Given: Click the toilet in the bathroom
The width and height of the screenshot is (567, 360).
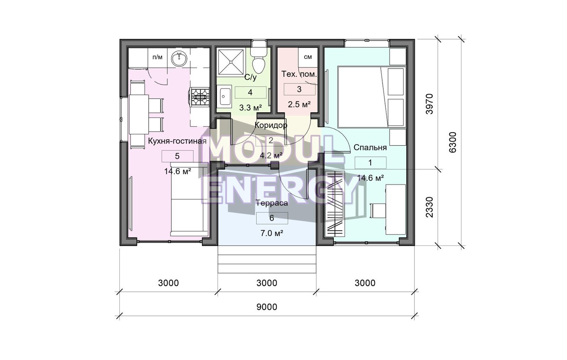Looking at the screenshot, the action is point(259,61).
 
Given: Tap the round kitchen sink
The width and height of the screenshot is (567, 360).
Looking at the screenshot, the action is point(180,59).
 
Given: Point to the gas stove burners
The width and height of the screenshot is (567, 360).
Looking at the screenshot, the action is point(200,97).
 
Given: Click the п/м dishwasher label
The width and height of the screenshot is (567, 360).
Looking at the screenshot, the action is point(157,57).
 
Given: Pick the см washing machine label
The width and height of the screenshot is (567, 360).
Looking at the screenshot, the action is point(308,57).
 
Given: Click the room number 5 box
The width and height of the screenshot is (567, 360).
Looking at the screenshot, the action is point(177,156).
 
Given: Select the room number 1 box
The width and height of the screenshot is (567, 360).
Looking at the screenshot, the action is point(370,163).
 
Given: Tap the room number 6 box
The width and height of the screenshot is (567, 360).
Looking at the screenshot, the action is point(272,218).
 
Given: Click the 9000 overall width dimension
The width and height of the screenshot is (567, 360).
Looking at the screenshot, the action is point(267,307).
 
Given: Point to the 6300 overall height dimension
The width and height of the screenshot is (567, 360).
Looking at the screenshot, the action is point(452,142).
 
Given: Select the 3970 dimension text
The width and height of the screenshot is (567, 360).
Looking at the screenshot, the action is point(429,104).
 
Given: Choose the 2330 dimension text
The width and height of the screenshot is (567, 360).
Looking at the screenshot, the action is point(429,207).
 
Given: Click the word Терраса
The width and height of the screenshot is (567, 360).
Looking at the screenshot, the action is point(272,203).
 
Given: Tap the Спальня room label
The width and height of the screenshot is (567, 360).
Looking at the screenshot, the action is point(370,147).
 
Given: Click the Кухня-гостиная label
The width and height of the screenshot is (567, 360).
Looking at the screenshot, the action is point(177,141).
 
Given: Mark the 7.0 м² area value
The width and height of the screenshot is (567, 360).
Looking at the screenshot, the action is point(272,233).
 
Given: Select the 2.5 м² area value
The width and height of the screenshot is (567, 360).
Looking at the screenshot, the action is point(299,104).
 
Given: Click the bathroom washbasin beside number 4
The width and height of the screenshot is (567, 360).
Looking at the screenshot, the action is point(225,96).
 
